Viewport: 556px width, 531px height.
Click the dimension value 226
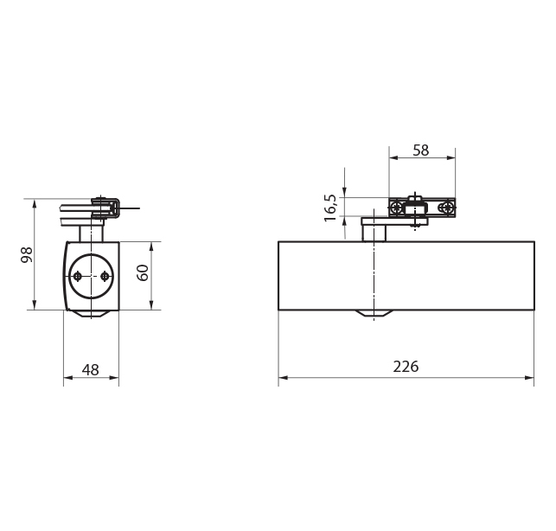[405, 366]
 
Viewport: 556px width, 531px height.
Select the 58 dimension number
[420, 150]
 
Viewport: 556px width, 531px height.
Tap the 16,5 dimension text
[330, 208]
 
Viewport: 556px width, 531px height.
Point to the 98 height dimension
[27, 254]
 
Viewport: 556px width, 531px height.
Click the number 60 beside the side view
[144, 273]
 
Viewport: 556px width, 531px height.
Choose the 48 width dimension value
[90, 369]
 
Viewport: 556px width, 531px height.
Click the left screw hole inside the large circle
[78, 276]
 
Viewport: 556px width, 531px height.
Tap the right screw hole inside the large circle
[105, 276]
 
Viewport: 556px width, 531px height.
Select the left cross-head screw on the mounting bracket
[396, 208]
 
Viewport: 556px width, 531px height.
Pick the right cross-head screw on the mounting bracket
[446, 208]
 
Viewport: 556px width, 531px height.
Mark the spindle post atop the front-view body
[374, 231]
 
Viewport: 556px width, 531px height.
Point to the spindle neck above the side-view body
[91, 231]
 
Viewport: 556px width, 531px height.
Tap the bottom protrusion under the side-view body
[91, 313]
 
